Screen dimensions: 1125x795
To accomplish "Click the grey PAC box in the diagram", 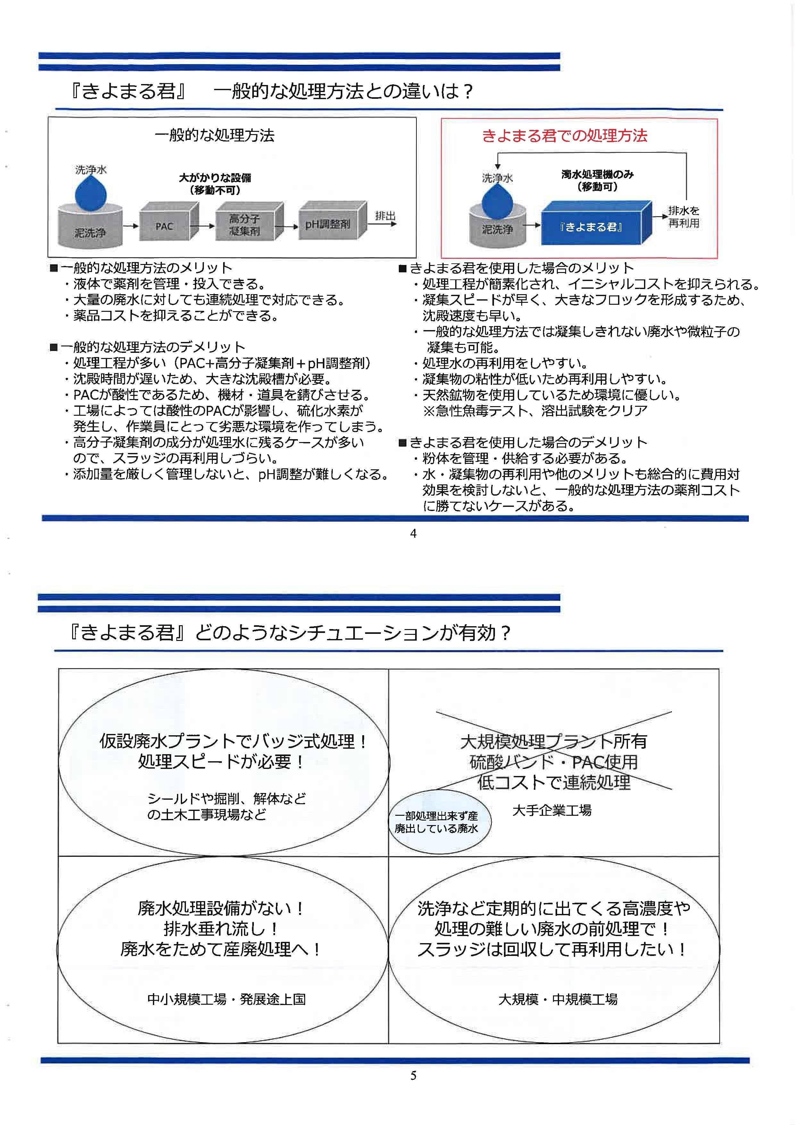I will [x=165, y=226].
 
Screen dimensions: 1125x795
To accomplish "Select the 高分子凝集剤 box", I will [x=245, y=225].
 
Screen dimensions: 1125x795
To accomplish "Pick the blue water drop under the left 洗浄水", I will [x=91, y=193].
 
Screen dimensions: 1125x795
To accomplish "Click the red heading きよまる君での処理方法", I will [x=565, y=136].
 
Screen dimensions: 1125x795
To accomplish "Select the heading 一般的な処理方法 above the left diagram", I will [x=214, y=135].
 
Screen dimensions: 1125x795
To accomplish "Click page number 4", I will [x=413, y=533].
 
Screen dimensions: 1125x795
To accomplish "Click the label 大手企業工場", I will [x=552, y=810].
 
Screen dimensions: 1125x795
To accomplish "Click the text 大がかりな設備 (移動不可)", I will [x=215, y=184].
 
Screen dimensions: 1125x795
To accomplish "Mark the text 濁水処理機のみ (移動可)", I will [x=597, y=180].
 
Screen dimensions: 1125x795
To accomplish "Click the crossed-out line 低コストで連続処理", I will [x=554, y=782].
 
